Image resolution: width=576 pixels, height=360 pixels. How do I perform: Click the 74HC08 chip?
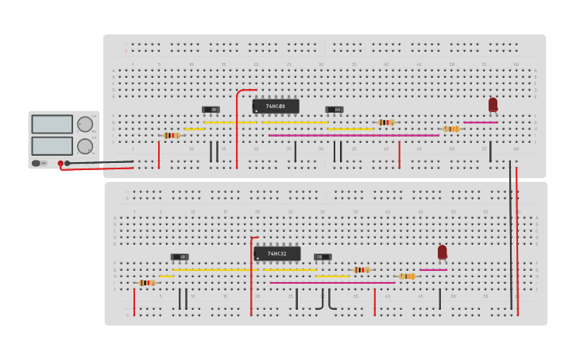[276, 106]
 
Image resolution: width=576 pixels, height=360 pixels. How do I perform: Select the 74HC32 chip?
[276, 254]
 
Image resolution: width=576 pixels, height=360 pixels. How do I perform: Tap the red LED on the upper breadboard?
[493, 104]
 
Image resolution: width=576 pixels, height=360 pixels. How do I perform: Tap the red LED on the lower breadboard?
[443, 252]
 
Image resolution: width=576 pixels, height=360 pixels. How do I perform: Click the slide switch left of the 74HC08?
[211, 110]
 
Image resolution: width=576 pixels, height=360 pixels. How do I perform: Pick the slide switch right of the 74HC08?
[334, 110]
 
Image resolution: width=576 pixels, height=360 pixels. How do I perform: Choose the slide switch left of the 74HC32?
[180, 257]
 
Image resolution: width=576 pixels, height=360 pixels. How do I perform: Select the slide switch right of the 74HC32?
[322, 257]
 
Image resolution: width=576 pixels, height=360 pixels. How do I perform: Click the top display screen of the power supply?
[52, 124]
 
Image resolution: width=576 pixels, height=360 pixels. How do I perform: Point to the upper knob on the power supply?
[84, 124]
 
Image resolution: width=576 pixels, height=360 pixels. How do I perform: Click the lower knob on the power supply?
[84, 146]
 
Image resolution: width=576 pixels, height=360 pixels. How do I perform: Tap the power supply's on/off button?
[37, 163]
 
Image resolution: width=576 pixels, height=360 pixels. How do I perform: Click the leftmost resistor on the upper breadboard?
[171, 135]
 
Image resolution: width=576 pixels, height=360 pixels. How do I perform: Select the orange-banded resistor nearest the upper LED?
[450, 129]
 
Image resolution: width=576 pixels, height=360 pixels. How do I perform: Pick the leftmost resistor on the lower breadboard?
[146, 282]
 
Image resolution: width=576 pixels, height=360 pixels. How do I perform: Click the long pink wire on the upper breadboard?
[354, 135]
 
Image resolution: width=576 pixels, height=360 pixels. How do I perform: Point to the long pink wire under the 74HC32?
[332, 282]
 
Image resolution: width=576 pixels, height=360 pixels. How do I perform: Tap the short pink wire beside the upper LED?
[480, 122]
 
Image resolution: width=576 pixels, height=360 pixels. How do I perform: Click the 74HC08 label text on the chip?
[275, 106]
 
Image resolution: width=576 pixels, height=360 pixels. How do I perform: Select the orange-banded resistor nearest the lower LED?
[407, 276]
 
